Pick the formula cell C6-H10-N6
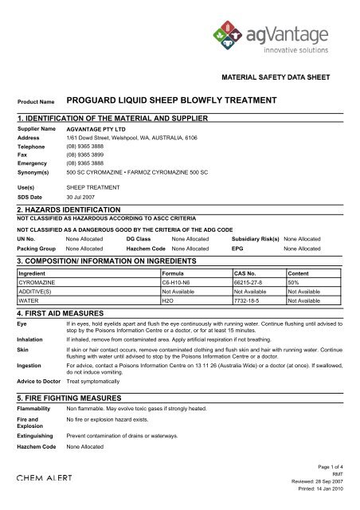(x=179, y=282)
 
